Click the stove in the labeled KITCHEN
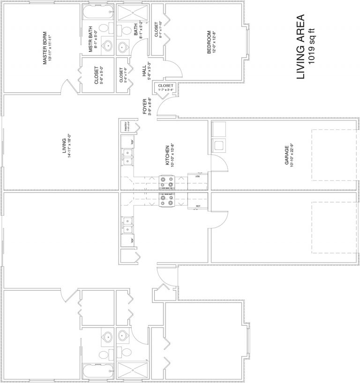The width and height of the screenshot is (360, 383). click(x=167, y=181)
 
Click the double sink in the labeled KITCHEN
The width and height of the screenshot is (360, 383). click(x=127, y=157)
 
